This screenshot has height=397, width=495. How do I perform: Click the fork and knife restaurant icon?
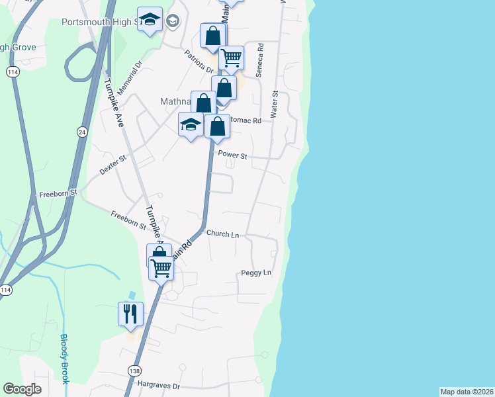click(130, 313)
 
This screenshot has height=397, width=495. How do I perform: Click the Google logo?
click(22, 390)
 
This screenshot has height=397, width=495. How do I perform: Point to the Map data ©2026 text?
click(467, 392)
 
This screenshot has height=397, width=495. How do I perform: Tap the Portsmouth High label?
click(99, 22)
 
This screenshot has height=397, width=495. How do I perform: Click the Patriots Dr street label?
click(199, 62)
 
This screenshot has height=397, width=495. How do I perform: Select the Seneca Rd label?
click(260, 61)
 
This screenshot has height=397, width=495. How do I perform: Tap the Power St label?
click(232, 156)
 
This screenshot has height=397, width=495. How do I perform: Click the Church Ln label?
click(222, 234)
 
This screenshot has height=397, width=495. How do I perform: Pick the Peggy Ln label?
click(256, 273)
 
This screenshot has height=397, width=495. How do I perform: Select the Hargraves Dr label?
click(158, 383)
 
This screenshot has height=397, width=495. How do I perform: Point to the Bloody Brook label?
click(65, 358)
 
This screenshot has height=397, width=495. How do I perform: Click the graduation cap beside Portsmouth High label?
click(150, 20)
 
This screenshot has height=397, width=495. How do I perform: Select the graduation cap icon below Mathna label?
click(191, 124)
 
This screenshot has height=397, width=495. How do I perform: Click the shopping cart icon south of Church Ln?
click(161, 268)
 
